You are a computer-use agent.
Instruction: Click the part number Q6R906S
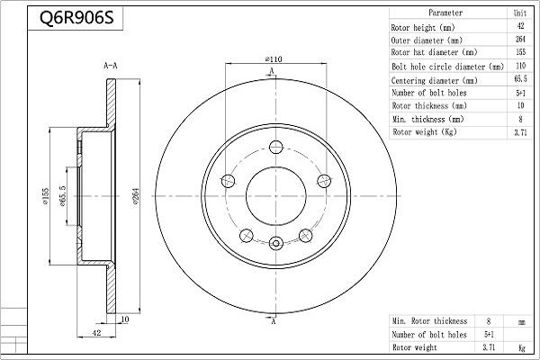76,18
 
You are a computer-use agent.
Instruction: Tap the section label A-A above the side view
111,66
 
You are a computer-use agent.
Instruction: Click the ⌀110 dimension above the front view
274,59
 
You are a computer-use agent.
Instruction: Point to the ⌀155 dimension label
46,196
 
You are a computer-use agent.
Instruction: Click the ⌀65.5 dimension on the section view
62,196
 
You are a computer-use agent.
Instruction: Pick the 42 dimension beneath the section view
97,333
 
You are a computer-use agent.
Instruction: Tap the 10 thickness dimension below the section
125,319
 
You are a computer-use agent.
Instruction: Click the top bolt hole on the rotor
276,147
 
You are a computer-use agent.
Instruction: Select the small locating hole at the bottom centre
276,243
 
